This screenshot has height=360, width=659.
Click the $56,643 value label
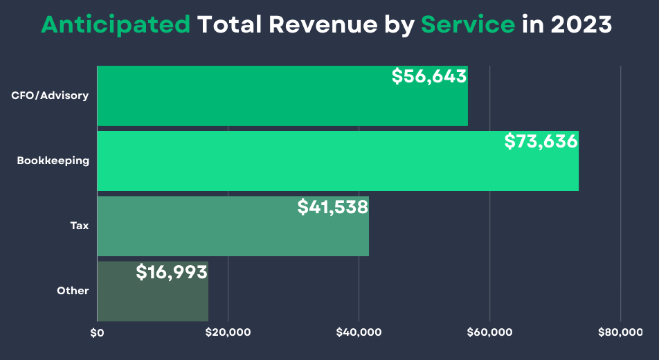(x=429, y=76)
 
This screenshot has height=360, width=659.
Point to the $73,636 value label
(x=541, y=141)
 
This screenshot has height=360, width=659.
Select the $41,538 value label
(x=332, y=206)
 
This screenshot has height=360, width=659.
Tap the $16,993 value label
(x=172, y=272)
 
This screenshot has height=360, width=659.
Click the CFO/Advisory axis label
(x=50, y=96)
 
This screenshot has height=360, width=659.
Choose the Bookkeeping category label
(x=53, y=161)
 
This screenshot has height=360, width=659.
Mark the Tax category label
(x=80, y=226)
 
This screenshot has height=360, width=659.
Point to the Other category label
(x=73, y=291)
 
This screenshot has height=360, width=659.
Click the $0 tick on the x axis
(x=97, y=333)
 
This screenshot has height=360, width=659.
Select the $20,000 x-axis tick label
(x=228, y=333)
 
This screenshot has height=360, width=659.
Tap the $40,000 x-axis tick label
(x=359, y=333)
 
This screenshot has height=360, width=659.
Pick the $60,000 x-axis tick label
(x=489, y=333)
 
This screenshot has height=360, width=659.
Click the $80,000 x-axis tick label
(x=620, y=333)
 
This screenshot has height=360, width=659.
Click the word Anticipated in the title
(x=116, y=25)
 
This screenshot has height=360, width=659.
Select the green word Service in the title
(x=468, y=25)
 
